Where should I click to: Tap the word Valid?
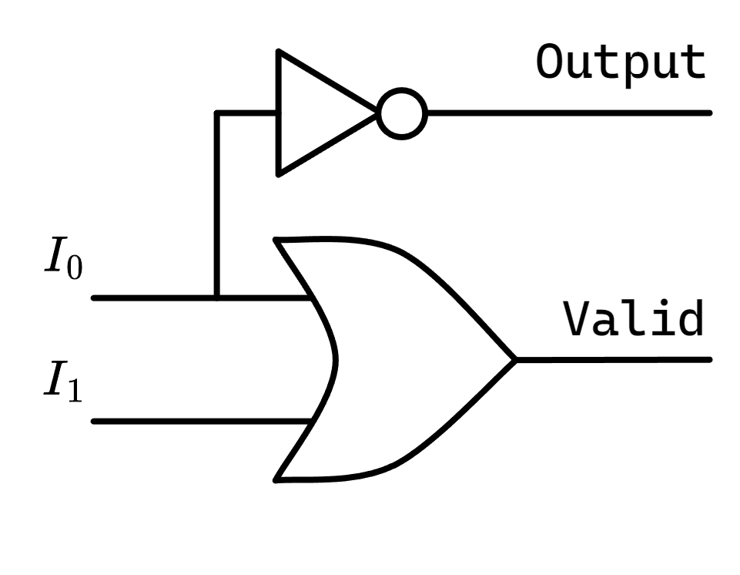[x=633, y=319]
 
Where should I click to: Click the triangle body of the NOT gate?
[x=320, y=113]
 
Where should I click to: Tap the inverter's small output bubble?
[x=402, y=113]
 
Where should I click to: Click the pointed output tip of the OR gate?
[x=514, y=359]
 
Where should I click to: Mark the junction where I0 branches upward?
[x=218, y=297]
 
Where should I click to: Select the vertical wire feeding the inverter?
[x=218, y=204]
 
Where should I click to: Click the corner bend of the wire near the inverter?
[x=218, y=113]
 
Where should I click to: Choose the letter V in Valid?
[x=577, y=319]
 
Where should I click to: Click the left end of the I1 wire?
[x=95, y=422]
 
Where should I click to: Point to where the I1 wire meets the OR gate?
[x=311, y=422]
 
